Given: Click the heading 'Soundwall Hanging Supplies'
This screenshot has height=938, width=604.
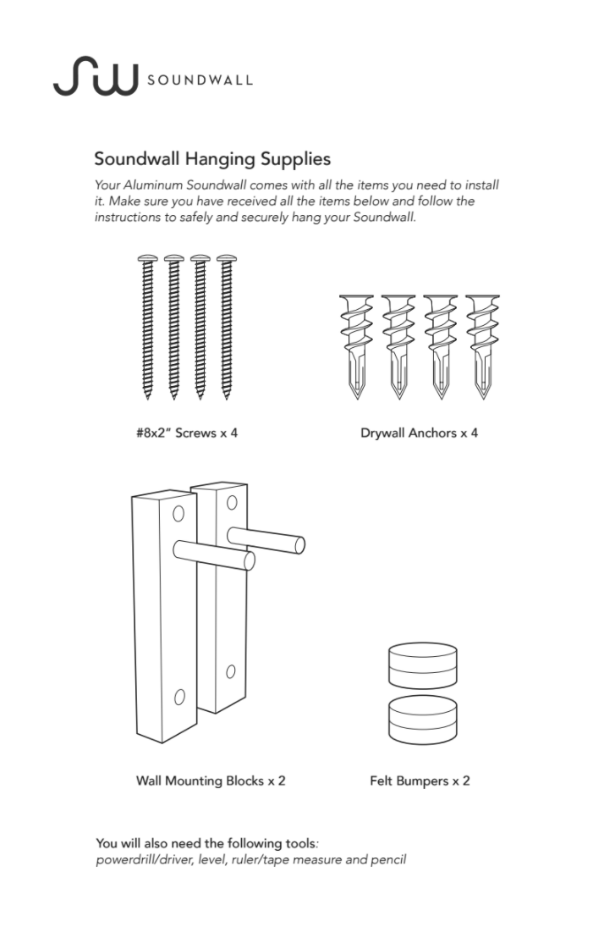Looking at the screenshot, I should pyautogui.click(x=212, y=158).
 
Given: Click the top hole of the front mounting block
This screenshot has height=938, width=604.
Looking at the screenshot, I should pyautogui.click(x=179, y=514).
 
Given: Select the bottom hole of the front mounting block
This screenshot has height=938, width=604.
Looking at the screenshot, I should pyautogui.click(x=179, y=697).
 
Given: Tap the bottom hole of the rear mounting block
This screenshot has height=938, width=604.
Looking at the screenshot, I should pyautogui.click(x=229, y=673).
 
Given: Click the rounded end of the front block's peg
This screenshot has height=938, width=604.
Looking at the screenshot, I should pyautogui.click(x=249, y=561).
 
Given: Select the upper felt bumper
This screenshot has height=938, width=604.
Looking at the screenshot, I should pyautogui.click(x=421, y=665).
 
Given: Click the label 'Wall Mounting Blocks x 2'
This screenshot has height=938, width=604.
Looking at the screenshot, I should pyautogui.click(x=211, y=781).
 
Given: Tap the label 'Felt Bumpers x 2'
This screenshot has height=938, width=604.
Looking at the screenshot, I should pyautogui.click(x=420, y=781).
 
